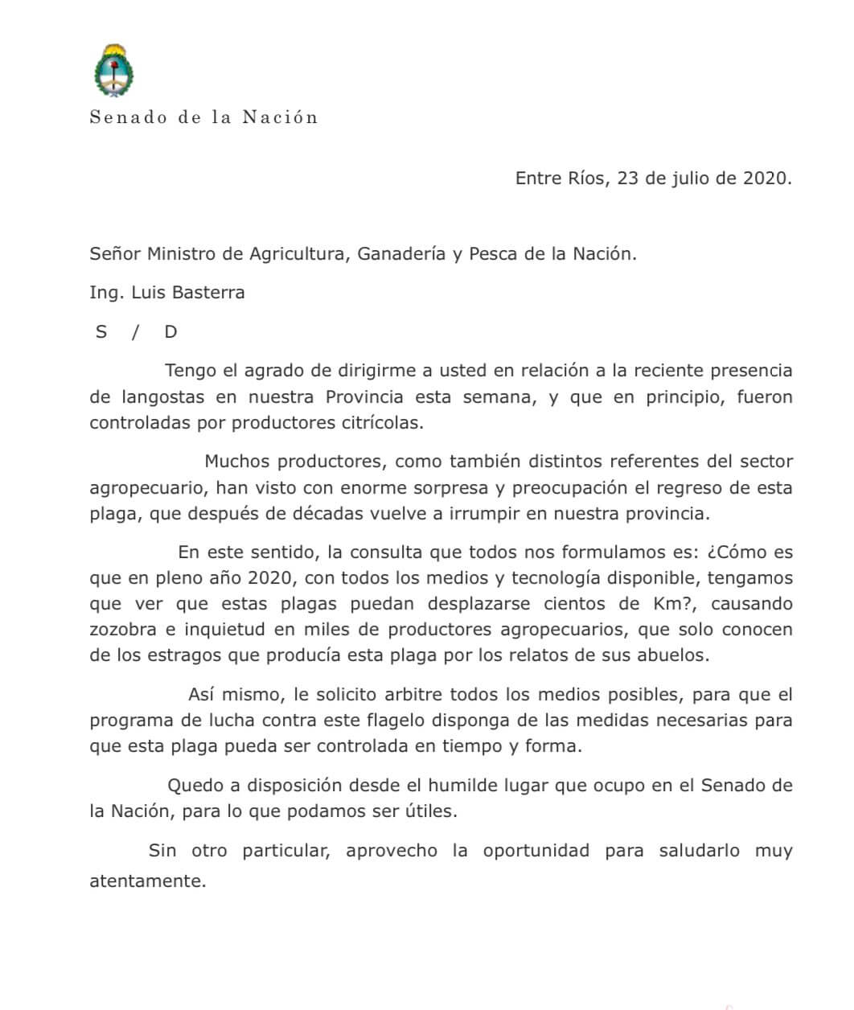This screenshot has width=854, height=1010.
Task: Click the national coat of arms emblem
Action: coord(114,71)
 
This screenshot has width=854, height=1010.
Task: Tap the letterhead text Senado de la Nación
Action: coord(203,117)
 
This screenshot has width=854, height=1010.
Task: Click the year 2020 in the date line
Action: coord(764,178)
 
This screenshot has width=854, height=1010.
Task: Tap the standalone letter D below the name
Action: coord(170,331)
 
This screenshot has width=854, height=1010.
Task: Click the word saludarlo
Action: coord(699,850)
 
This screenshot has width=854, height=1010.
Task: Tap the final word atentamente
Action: coord(148,881)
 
